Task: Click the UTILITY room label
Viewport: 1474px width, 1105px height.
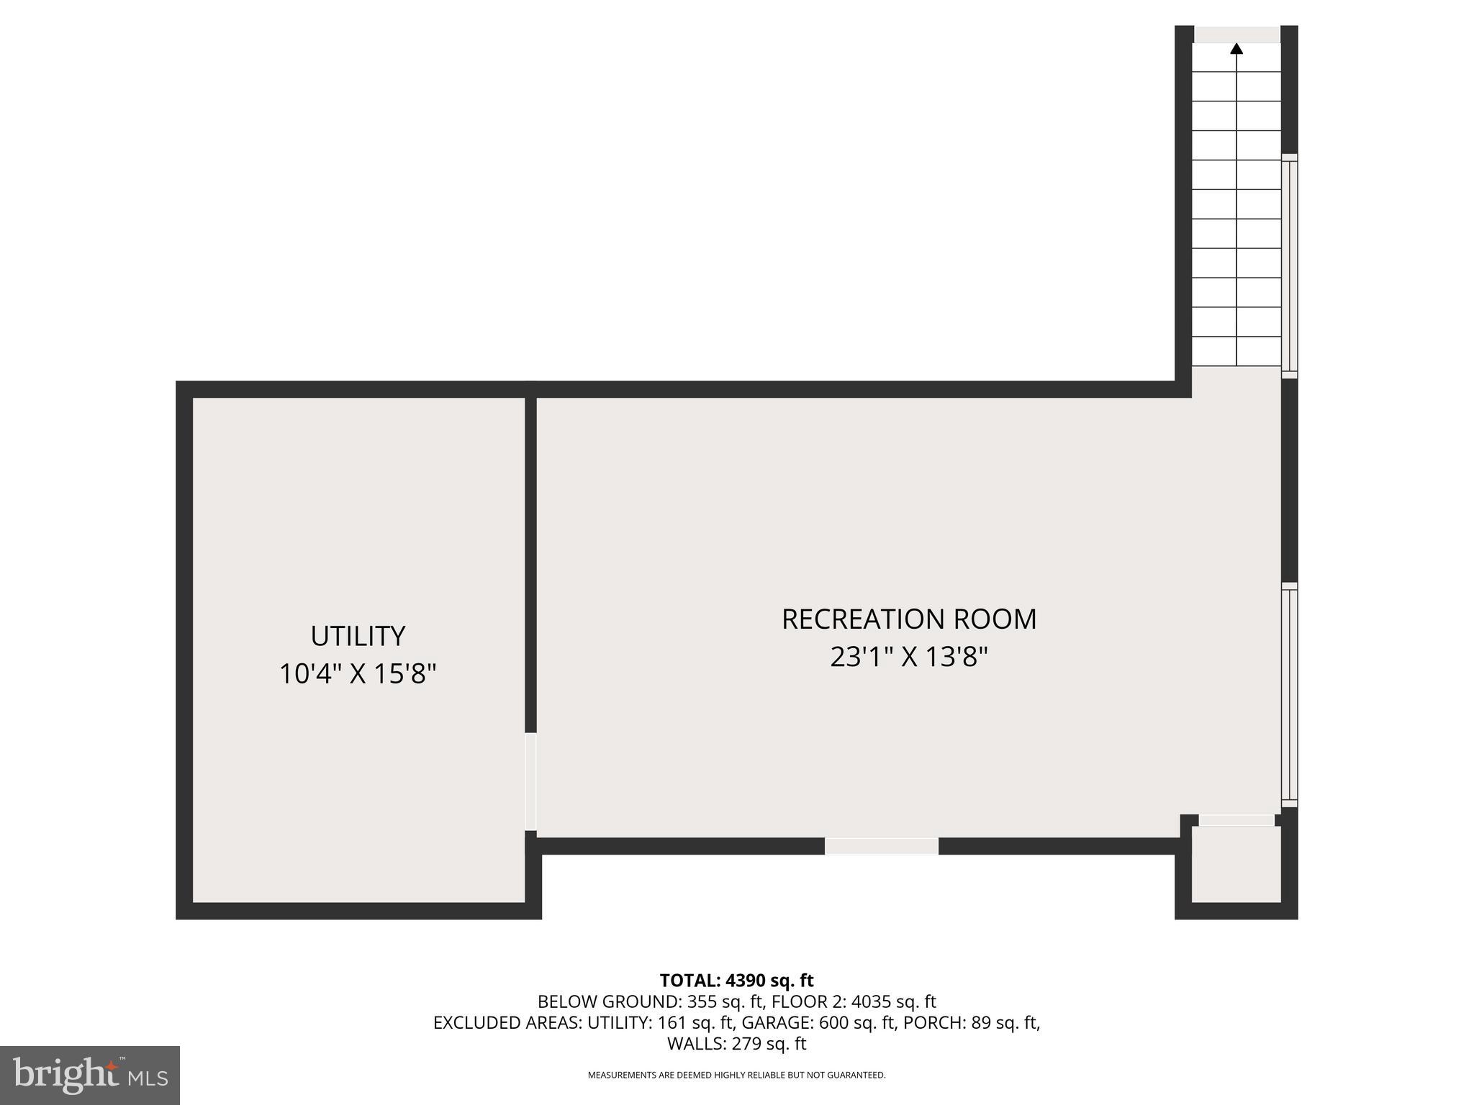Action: point(358,636)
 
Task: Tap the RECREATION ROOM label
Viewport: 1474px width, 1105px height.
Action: point(909,619)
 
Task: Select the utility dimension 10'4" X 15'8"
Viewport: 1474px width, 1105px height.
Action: point(358,674)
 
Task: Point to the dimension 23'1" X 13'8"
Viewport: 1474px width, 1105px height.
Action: point(909,657)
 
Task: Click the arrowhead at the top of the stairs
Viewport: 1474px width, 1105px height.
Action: point(1236,49)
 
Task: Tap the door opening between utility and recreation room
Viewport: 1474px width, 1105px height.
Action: point(531,781)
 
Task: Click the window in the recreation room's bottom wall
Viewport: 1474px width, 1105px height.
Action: point(881,846)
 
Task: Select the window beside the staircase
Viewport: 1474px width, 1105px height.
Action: point(1289,265)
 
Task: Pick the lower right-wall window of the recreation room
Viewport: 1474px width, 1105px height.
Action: point(1289,694)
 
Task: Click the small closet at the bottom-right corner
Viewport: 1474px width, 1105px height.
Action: point(1236,864)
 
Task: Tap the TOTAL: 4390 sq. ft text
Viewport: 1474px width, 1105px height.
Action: point(736,981)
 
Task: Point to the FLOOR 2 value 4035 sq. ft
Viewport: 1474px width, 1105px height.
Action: point(893,1001)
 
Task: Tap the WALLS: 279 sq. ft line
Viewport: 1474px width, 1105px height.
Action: point(736,1043)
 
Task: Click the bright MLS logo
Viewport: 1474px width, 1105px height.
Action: point(90,1076)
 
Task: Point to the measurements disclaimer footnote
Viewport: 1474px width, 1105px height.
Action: point(736,1076)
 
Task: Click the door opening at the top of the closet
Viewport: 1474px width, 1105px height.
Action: point(1236,820)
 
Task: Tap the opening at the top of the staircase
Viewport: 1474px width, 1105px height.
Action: point(1236,34)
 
